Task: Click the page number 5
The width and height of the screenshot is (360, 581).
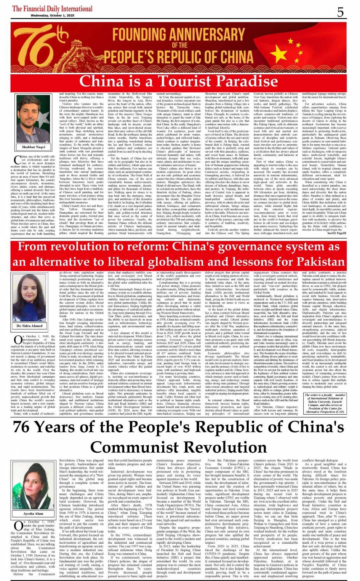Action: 340,12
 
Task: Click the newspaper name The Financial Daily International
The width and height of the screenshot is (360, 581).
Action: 52,8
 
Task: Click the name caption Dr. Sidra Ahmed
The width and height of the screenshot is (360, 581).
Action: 30,326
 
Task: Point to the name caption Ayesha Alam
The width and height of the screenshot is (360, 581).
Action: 34,514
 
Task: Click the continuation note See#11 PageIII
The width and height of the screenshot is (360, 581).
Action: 337,233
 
